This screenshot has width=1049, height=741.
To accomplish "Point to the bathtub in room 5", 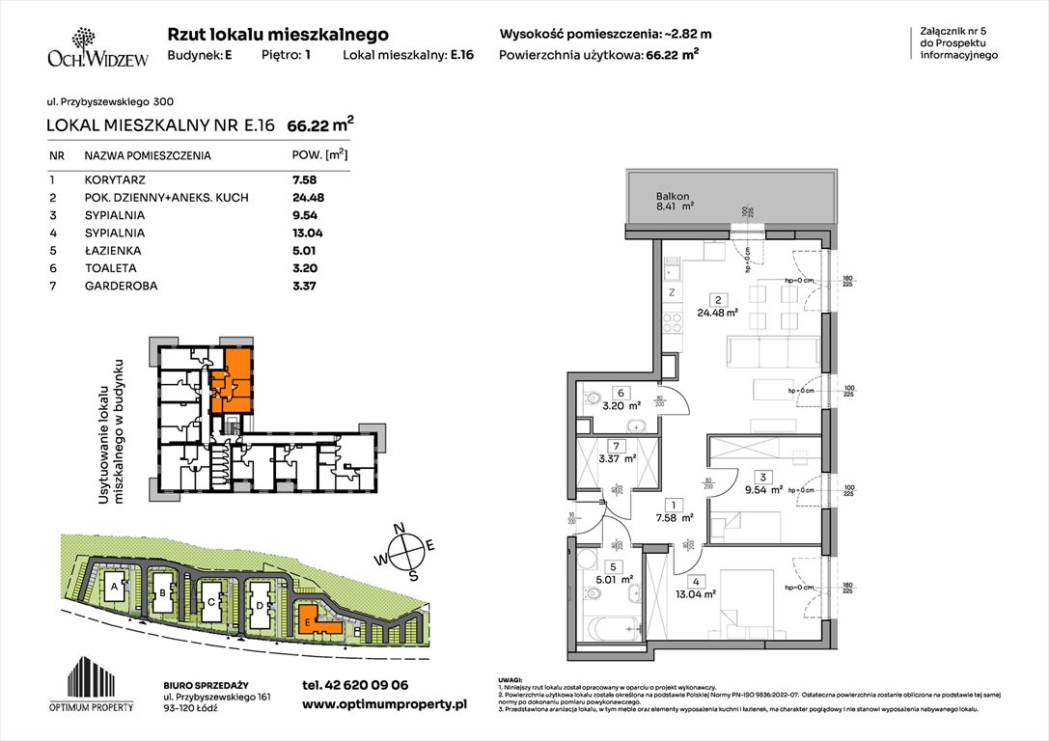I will [x=604, y=633].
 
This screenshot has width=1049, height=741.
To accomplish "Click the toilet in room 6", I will [x=593, y=397].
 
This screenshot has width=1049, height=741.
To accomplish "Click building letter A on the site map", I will [x=114, y=587].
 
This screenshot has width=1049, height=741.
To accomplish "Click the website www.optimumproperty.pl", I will [x=384, y=705].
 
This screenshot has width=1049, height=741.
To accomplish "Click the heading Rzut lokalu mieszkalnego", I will [x=278, y=35].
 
